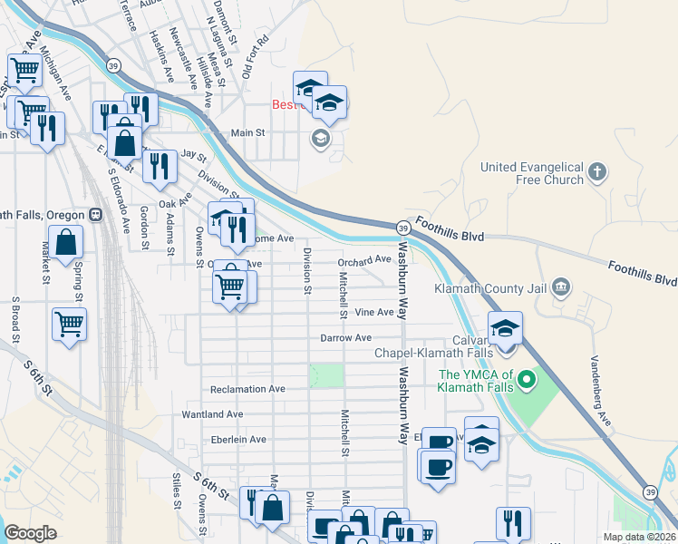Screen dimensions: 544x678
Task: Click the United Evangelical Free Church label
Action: tap(531, 173)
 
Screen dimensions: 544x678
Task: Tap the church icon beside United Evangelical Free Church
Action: tap(596, 171)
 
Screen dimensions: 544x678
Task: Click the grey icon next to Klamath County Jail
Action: tap(561, 288)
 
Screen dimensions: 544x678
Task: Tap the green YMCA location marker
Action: tap(522, 381)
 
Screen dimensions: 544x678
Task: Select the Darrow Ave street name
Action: tap(345, 337)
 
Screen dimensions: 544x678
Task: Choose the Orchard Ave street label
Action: tap(363, 260)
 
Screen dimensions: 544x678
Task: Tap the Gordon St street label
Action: tap(144, 226)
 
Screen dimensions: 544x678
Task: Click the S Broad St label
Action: tap(15, 317)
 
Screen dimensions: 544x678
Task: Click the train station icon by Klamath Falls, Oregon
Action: tap(94, 215)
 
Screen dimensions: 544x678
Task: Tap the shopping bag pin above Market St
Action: tap(66, 243)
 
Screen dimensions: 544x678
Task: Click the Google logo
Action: tap(30, 533)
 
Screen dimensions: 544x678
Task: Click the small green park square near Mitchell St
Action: tap(327, 374)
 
